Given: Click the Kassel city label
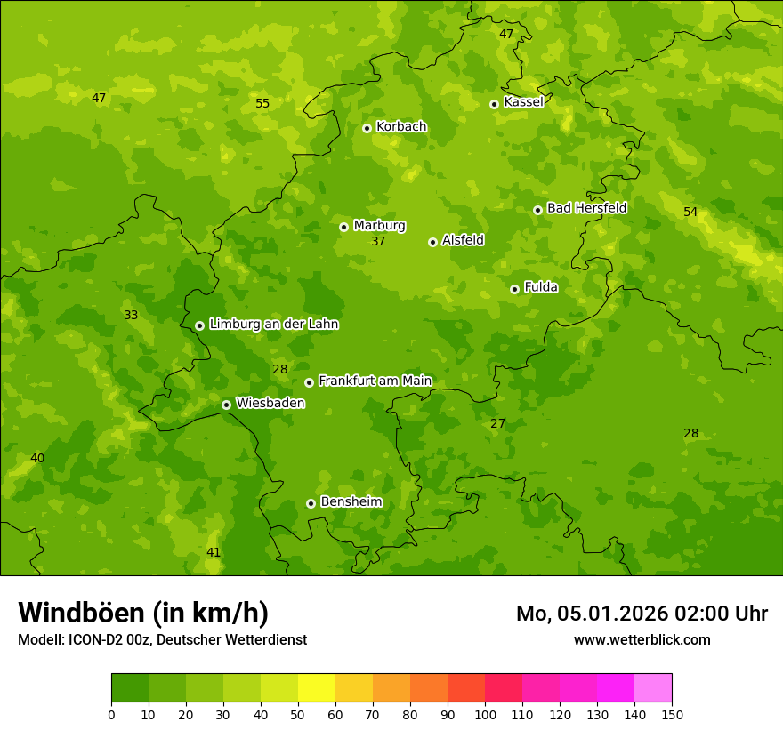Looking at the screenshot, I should [523, 102].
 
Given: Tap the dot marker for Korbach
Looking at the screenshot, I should [367, 128].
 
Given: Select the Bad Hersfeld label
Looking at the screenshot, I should [586, 208].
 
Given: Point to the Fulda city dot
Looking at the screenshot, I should [514, 289].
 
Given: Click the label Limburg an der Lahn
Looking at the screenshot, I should [273, 325].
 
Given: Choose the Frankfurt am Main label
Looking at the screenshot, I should [375, 381].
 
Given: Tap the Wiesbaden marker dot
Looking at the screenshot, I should [226, 405].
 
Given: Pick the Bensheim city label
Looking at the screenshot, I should [351, 501].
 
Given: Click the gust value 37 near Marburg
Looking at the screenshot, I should [378, 241].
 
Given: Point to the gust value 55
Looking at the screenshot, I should [262, 103].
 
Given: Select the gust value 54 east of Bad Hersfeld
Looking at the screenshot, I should [690, 212].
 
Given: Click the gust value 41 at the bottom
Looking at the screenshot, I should [214, 552].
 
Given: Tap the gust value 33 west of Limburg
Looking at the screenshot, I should [131, 315].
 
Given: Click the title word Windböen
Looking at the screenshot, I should [82, 613].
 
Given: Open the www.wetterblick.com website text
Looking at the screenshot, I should [642, 639].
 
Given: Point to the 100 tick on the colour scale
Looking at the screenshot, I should [485, 714].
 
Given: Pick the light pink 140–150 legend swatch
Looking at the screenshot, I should [653, 688].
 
